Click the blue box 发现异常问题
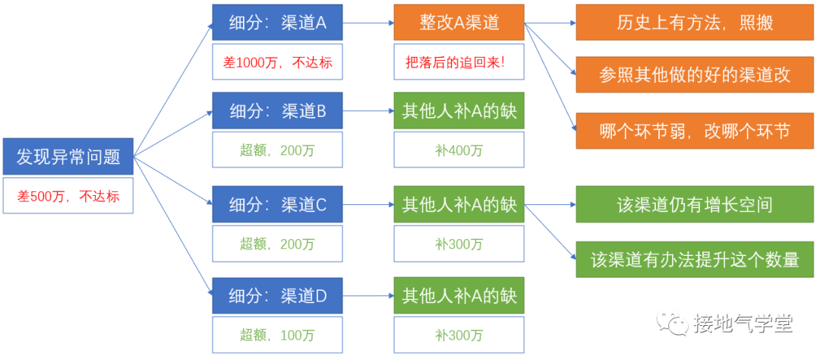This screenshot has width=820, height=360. coord(68,157)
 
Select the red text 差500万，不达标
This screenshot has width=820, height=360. coord(68,196)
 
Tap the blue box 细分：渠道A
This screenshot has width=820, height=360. coord(277,23)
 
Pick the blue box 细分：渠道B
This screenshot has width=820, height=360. coord(277,112)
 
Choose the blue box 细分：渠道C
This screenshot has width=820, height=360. coord(277,204)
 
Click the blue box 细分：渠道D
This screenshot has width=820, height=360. coord(277,296)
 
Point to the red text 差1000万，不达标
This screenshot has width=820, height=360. coord(277,62)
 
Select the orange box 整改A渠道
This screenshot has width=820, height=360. coord(459,23)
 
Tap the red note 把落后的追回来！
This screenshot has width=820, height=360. coord(459,62)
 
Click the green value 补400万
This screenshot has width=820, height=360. coord(459,150)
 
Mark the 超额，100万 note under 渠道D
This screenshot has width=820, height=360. coord(277,335)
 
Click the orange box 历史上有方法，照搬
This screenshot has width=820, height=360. coord(695,23)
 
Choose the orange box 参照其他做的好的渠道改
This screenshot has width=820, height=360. coord(695,74)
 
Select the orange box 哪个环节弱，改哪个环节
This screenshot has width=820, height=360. coord(695,131)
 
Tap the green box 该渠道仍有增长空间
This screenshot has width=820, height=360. coord(695,204)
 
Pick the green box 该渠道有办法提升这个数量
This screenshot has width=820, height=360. coord(695,259)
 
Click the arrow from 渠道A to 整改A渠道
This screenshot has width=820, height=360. coord(367,23)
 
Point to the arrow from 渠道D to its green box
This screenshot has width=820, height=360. coord(367,296)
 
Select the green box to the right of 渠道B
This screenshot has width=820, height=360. coord(459,112)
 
